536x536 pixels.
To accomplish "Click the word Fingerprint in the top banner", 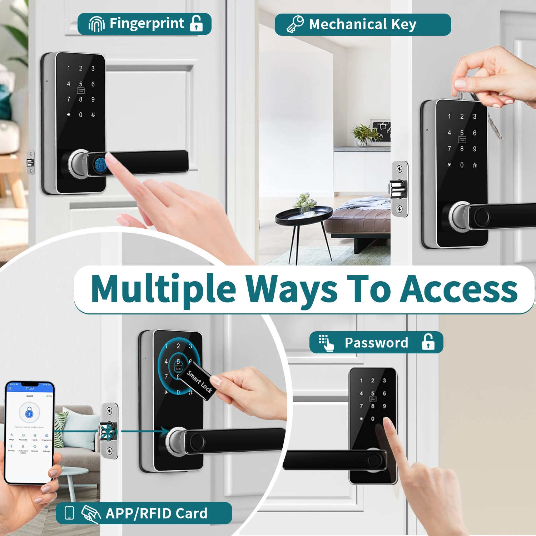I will coord(147,24).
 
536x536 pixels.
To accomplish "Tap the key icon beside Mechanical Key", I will coord(295,24).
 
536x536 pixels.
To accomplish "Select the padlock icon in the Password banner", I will coord(428,342).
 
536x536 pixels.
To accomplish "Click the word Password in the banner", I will coord(376,343).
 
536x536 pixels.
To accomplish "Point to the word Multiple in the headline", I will coord(163,289).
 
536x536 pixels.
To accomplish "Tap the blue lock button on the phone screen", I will coord(29,413).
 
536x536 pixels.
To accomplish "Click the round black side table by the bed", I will coord(304,216).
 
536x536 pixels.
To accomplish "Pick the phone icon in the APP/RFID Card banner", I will coord(69,512).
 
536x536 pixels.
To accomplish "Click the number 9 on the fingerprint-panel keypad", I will coord(93,99).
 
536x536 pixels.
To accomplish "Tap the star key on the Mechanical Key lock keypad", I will coord(449,165).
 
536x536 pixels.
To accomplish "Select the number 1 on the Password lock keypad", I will coord(361,381).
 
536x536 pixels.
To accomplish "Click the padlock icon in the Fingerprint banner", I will coord(196,23).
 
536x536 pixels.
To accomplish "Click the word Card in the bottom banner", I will coord(191,513).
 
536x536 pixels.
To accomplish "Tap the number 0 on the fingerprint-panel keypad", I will coord(81,115).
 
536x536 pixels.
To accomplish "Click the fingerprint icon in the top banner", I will coord(96,24).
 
